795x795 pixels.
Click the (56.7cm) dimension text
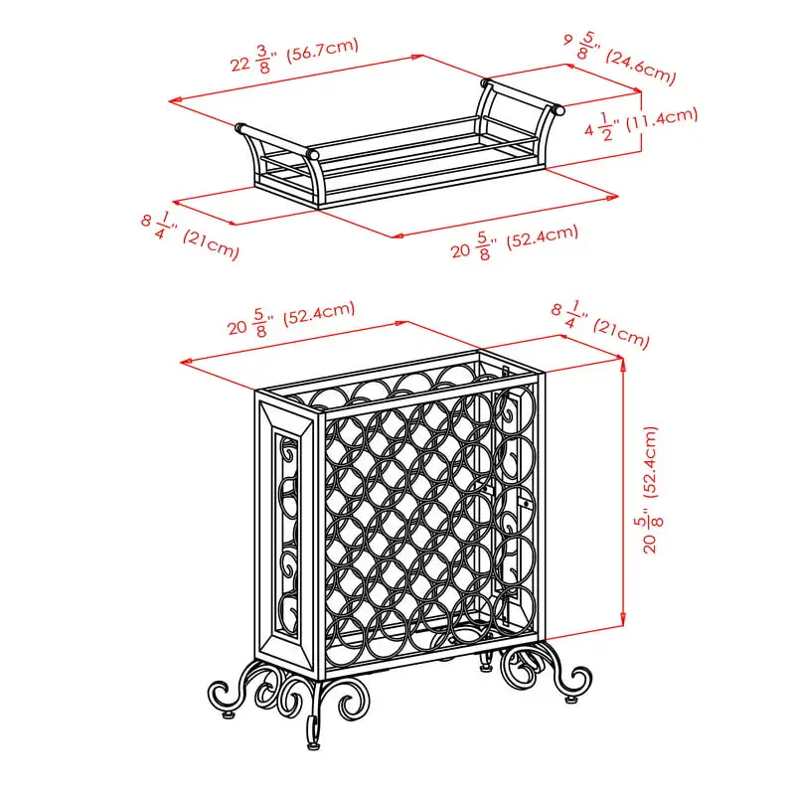[322, 51]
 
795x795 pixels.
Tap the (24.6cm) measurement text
[641, 67]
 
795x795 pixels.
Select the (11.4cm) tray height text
[662, 119]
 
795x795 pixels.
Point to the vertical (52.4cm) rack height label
[650, 461]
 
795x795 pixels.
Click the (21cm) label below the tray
[211, 244]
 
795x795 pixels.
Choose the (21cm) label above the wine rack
[622, 333]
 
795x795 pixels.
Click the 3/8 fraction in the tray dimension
[262, 60]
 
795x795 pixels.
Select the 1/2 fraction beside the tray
[606, 127]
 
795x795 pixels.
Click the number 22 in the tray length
[240, 65]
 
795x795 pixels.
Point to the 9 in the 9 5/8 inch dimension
[568, 39]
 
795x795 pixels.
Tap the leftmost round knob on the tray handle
[239, 126]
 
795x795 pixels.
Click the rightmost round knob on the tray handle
[559, 109]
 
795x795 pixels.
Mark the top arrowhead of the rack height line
[623, 362]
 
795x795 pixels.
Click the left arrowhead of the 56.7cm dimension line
[175, 101]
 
